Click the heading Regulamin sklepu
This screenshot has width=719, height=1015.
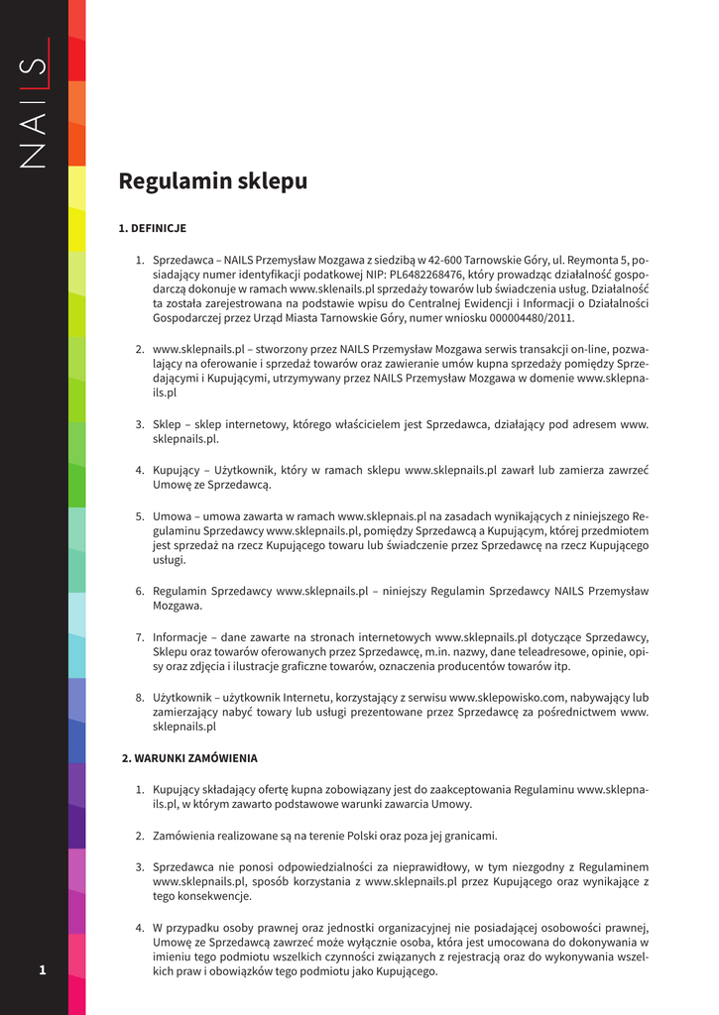click(212, 181)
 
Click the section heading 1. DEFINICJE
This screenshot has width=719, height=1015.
click(152, 228)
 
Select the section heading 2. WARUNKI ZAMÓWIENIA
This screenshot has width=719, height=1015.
click(189, 758)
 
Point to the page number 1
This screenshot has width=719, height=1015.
click(43, 969)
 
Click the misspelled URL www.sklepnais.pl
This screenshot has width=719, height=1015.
click(382, 515)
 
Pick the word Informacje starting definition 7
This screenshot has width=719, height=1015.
click(179, 636)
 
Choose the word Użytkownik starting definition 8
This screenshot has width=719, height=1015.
click(182, 697)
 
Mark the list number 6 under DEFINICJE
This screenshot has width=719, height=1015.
click(141, 591)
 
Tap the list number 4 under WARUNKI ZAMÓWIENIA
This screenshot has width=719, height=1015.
click(141, 927)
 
